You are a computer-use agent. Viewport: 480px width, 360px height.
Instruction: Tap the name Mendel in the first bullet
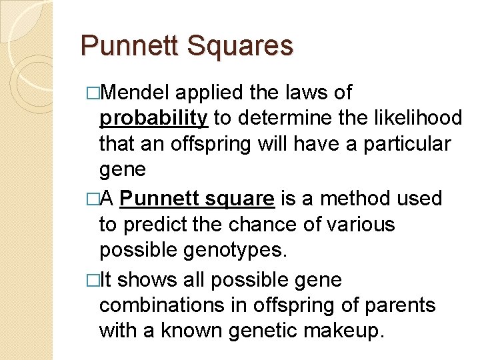tap(143, 92)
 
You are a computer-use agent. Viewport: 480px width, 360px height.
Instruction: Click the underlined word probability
tap(154, 119)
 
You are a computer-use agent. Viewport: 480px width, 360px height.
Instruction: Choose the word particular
tap(407, 144)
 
